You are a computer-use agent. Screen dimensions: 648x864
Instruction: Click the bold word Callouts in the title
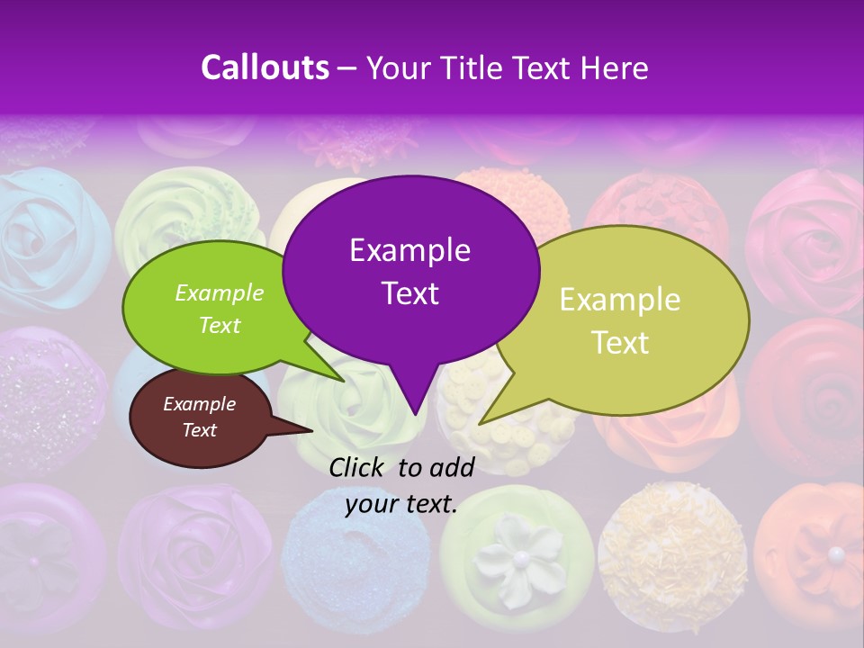click(265, 67)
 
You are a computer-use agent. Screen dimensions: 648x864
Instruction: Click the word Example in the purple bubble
click(410, 250)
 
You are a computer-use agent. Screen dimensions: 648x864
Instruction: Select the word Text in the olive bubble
click(620, 343)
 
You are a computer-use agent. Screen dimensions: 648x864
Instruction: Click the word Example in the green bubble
click(220, 292)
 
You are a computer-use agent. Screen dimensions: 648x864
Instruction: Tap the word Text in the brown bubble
click(199, 430)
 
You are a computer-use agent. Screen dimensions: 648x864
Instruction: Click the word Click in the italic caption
click(357, 466)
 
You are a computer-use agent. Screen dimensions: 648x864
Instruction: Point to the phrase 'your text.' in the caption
click(401, 504)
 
